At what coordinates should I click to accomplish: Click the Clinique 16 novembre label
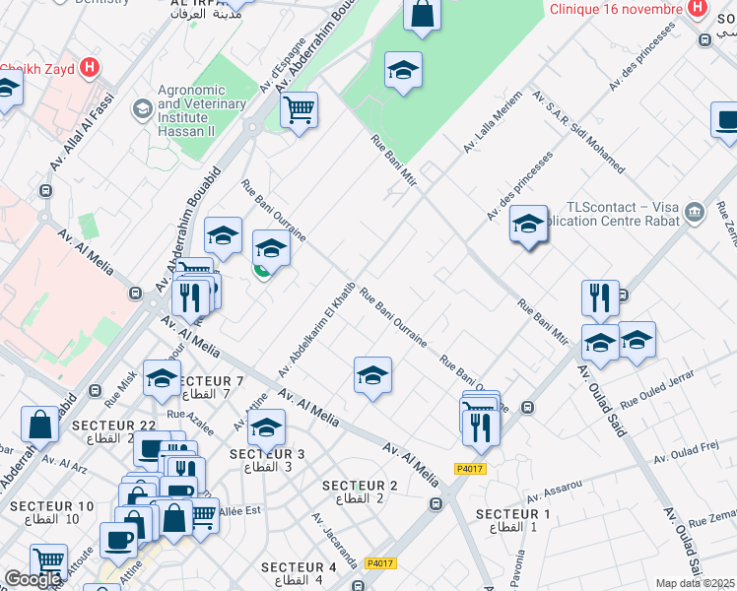pyautogui.click(x=615, y=9)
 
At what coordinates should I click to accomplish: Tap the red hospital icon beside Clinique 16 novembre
pyautogui.click(x=698, y=9)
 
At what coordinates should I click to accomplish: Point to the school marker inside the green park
pyautogui.click(x=402, y=71)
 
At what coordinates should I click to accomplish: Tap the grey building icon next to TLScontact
pyautogui.click(x=696, y=211)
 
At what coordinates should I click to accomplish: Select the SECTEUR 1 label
pyautogui.click(x=512, y=520)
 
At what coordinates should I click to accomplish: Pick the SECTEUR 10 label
pyautogui.click(x=52, y=512)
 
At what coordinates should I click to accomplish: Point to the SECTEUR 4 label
pyautogui.click(x=300, y=573)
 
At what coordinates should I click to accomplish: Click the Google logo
pyautogui.click(x=33, y=579)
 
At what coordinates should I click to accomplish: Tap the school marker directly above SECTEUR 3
pyautogui.click(x=266, y=429)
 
